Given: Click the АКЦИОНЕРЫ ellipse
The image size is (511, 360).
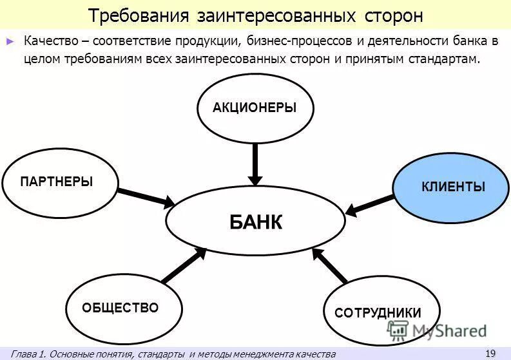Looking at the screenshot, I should tap(255, 108).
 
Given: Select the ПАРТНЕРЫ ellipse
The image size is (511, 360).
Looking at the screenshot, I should tap(60, 182).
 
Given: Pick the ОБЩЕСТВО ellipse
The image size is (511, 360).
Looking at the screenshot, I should tap(120, 308).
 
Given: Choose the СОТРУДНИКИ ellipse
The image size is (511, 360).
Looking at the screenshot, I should tap(378, 313).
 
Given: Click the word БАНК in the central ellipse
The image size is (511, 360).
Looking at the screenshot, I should tap(256, 222).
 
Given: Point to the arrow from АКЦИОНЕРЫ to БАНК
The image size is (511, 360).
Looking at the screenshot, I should tap(255, 164).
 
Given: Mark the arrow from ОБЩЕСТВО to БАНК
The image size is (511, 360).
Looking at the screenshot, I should tap(184, 265).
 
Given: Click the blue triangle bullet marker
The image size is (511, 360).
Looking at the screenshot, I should tap(10, 41).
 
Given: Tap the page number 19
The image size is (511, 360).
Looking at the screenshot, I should tap(490, 353).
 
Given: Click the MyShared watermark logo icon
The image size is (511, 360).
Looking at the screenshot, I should tap(398, 331).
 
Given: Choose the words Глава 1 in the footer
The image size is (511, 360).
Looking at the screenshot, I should tap(28, 354).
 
